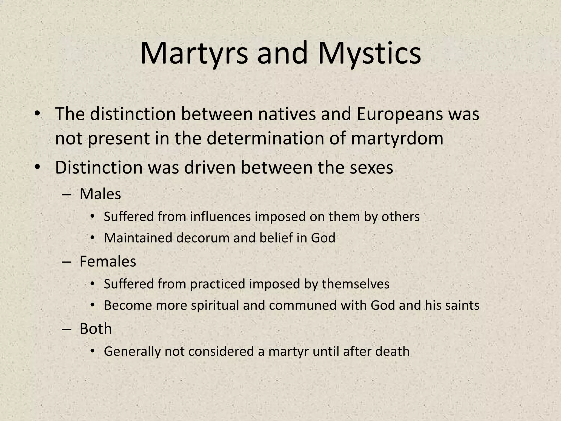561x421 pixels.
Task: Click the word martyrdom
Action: coord(397,138)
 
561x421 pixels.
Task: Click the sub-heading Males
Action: coord(100,194)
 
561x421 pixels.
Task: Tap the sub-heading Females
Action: coord(108,261)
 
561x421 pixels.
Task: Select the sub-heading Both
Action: coord(96,328)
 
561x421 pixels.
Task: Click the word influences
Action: coord(220,217)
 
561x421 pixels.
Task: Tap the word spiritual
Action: coord(215,305)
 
